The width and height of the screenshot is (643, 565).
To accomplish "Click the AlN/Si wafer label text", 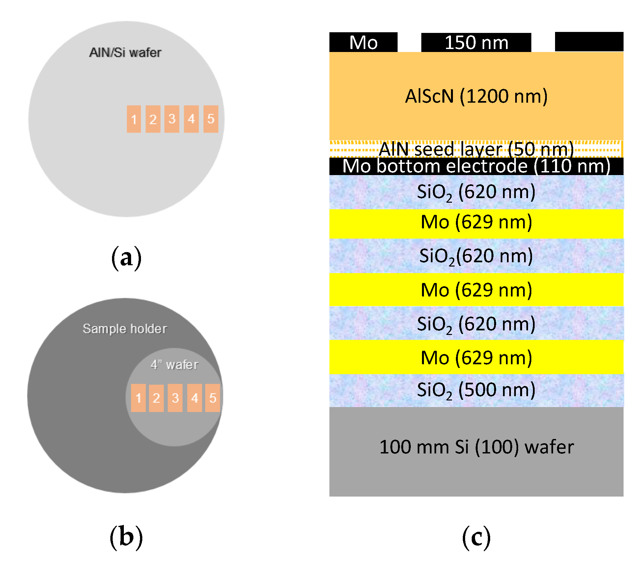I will click(125, 53).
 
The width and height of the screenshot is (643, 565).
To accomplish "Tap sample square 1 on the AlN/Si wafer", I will click(134, 119).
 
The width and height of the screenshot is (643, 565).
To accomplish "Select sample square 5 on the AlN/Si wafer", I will click(211, 119).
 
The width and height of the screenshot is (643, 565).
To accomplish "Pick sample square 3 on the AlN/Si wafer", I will click(172, 119).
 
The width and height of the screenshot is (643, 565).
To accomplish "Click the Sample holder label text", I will click(125, 329).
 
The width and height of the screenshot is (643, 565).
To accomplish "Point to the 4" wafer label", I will click(174, 365).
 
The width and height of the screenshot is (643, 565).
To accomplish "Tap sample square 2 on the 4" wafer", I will click(156, 398).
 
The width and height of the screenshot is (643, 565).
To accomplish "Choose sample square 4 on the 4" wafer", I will click(194, 398).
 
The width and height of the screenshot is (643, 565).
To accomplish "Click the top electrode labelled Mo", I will click(363, 42).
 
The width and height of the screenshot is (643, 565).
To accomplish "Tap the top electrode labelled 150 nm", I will click(476, 42).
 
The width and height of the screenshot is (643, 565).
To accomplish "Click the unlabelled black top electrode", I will click(589, 42).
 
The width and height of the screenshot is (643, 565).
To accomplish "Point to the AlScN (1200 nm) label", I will click(476, 96).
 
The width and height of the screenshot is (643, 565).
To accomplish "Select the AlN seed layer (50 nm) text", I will click(476, 149).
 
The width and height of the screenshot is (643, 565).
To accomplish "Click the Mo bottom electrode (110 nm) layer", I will click(476, 166).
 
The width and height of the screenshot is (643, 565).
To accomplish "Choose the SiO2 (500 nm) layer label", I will click(476, 390).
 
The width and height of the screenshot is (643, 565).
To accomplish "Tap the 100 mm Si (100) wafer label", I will click(476, 447).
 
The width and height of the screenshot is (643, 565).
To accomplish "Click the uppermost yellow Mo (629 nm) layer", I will click(476, 222).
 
